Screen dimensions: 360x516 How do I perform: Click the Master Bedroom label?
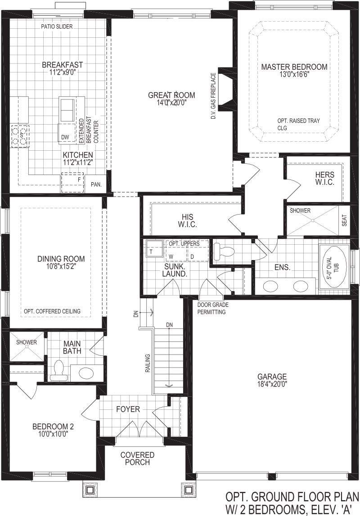pyautogui.click(x=294, y=67)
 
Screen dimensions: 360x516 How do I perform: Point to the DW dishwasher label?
pyautogui.click(x=65, y=137)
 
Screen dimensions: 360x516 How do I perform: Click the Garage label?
pyautogui.click(x=272, y=377)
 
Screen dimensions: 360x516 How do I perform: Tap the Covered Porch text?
pyautogui.click(x=137, y=458)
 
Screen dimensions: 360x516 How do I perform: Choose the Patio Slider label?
pyautogui.click(x=57, y=27)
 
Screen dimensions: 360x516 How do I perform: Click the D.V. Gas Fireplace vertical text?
pyautogui.click(x=213, y=96)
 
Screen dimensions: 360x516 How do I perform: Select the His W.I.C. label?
pyautogui.click(x=188, y=221)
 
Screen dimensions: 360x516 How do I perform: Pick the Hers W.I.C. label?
pyautogui.click(x=325, y=178)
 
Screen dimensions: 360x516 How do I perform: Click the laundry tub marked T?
pyautogui.click(x=153, y=248)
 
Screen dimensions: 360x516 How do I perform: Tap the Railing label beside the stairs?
pyautogui.click(x=148, y=363)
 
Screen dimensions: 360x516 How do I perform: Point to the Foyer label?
pyautogui.click(x=128, y=409)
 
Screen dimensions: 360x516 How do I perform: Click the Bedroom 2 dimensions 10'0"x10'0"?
pyautogui.click(x=53, y=434)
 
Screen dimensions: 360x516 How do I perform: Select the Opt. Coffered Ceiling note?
pyautogui.click(x=52, y=311)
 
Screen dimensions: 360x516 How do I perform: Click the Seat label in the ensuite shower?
pyautogui.click(x=344, y=220)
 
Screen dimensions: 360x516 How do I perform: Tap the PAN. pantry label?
pyautogui.click(x=96, y=184)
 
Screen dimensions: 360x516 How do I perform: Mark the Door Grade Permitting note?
pyautogui.click(x=213, y=308)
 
